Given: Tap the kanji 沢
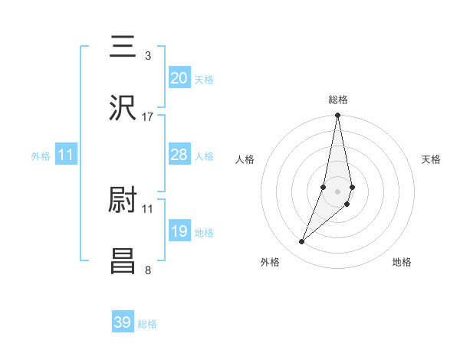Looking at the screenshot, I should click(123, 108).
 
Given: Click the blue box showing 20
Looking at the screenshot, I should click(179, 77).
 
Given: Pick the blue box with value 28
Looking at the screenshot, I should click(179, 155).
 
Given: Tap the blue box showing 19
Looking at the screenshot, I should click(179, 231).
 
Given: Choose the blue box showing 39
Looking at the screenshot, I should click(123, 322).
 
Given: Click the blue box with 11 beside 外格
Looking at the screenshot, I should click(66, 155).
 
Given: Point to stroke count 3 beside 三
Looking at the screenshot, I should click(147, 56).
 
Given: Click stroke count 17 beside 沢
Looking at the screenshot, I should click(147, 117).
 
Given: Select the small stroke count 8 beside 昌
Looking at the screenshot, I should click(147, 270).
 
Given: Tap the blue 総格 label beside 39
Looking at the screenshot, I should click(147, 324).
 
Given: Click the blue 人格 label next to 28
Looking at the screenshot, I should click(204, 156).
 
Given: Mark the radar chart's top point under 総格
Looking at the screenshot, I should click(337, 116).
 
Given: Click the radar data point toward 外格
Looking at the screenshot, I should click(301, 242).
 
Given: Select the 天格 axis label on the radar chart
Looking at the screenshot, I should click(431, 159).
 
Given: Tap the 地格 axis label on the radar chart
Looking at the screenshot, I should click(402, 262).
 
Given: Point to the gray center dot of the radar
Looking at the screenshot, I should click(337, 191).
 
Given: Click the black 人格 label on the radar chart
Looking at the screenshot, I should click(245, 159).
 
